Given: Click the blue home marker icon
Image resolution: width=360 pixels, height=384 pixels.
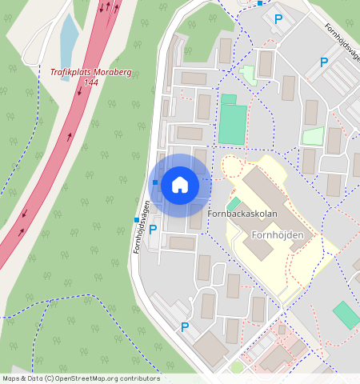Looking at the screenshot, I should [x=180, y=185].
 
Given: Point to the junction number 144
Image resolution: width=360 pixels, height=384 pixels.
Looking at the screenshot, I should [x=90, y=82].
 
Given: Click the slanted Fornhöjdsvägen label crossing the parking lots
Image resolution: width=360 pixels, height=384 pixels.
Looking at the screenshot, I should [x=342, y=39].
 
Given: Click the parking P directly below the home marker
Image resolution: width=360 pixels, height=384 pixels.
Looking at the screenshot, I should [x=153, y=230].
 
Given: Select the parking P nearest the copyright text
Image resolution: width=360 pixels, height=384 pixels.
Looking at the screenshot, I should [x=185, y=326].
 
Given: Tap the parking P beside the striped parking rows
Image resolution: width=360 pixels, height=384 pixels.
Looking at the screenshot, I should [x=324, y=62].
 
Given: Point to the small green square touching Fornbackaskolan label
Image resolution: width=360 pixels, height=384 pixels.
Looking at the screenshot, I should [x=233, y=204].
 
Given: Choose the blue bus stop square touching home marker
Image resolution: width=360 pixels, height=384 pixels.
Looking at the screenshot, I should [x=154, y=182].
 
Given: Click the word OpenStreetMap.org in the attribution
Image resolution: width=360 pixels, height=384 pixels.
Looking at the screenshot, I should [x=86, y=378].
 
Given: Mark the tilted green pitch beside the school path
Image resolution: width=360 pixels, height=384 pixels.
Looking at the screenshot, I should [x=346, y=314].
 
